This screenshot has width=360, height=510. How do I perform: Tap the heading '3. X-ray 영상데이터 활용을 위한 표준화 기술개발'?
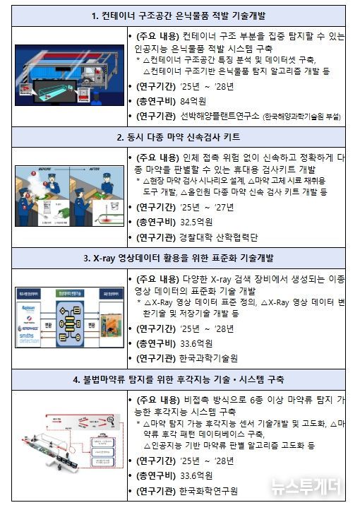pos(179,259)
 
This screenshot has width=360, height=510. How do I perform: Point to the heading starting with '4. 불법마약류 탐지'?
pos(179,380)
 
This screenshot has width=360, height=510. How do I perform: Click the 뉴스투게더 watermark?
pos(306,487)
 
